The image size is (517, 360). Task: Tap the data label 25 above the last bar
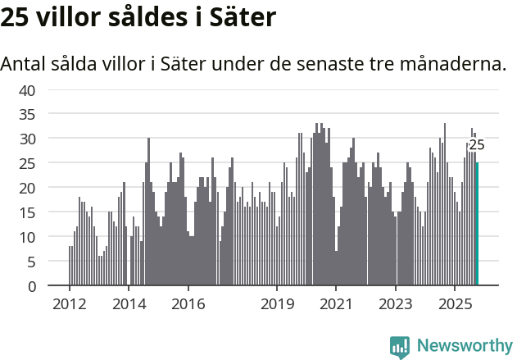(x=476, y=145)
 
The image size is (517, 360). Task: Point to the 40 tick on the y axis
(x=27, y=90)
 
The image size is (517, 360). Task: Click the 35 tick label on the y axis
(x=27, y=115)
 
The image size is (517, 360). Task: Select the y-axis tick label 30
(x=27, y=139)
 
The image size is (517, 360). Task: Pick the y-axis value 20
(x=27, y=188)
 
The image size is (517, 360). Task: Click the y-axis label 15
(x=27, y=212)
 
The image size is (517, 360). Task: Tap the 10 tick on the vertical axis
(x=27, y=237)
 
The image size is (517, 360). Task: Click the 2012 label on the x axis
(x=69, y=303)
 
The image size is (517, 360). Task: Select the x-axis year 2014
(x=129, y=303)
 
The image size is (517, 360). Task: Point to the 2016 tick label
(x=188, y=303)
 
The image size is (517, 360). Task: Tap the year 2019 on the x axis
(x=277, y=303)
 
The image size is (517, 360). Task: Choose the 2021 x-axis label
(x=336, y=303)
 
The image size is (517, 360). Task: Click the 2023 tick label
(x=396, y=303)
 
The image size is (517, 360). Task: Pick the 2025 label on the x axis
(x=455, y=303)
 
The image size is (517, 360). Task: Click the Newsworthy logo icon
(x=400, y=347)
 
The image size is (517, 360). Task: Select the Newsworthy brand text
(x=464, y=347)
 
